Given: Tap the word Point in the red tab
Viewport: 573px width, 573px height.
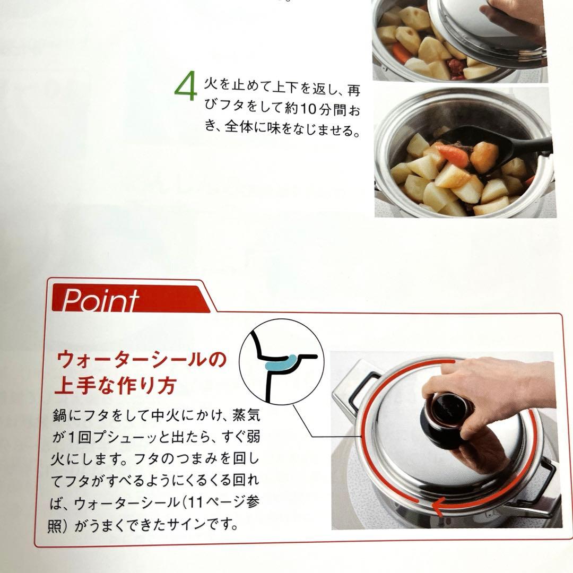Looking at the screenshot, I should pyautogui.click(x=100, y=300).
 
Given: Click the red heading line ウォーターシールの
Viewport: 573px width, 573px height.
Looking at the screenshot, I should pyautogui.click(x=141, y=361).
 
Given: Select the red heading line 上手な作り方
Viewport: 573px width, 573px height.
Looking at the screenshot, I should pyautogui.click(x=116, y=386).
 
